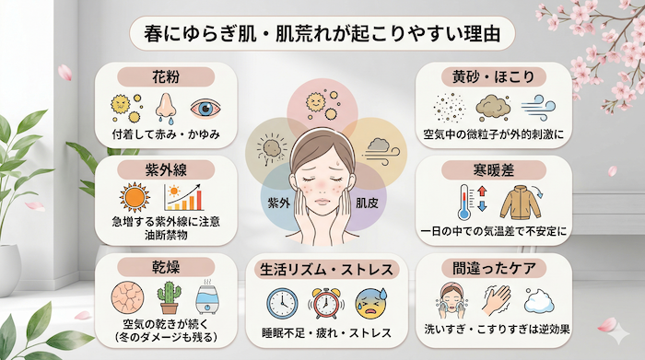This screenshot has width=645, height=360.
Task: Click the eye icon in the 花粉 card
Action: coord(207,110)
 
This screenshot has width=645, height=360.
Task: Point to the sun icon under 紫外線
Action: coord(135,197)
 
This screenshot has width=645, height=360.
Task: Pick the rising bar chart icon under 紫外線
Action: coord(184,197)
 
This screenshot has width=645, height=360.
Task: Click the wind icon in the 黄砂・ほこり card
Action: coord(533,110)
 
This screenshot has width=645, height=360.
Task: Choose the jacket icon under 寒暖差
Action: coord(518,202)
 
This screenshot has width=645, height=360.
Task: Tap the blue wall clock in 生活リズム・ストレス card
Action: coord(280,304)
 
